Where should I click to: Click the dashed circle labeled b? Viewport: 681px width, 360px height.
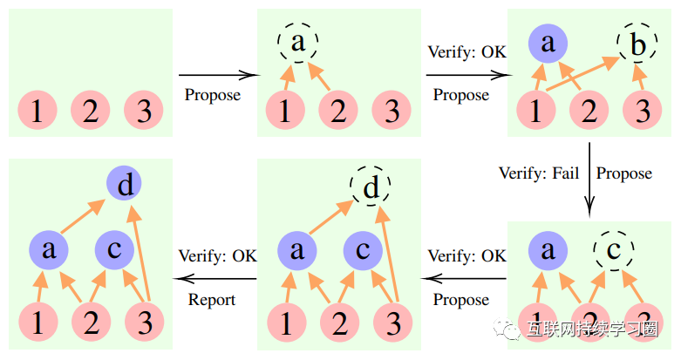tap(638, 44)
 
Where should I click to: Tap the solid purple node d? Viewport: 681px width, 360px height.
tap(124, 184)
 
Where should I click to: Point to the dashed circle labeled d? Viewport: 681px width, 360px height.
tap(371, 187)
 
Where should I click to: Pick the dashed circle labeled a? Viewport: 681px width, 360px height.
tap(298, 42)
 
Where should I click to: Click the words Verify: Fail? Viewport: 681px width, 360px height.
tap(539, 173)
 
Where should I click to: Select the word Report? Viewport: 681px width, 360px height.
tap(212, 300)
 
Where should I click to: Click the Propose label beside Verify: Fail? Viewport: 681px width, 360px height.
tap(623, 173)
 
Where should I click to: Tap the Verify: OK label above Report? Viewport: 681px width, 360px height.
tap(218, 256)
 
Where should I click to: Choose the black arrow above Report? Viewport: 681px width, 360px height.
tap(218, 279)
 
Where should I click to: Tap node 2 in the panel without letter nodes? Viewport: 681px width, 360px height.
tap(90, 111)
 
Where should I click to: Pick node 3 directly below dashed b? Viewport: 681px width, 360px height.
tap(643, 112)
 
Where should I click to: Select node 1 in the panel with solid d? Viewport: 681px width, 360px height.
tap(37, 322)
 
